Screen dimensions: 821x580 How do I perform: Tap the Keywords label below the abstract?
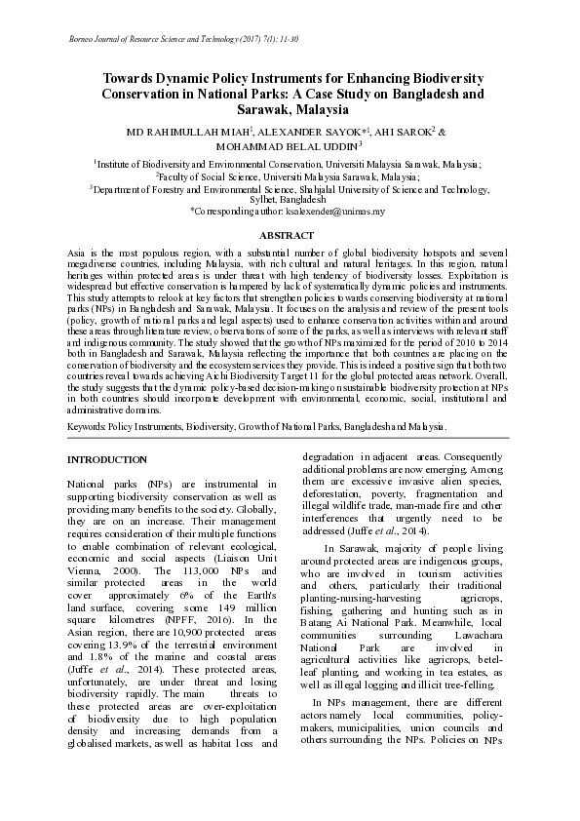[x=86, y=427]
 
